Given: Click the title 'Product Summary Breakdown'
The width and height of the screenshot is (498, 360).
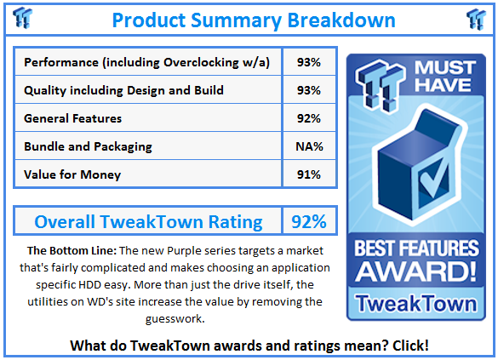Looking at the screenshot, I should point(253,20).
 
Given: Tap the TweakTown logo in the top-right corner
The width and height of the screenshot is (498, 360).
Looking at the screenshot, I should point(476,17).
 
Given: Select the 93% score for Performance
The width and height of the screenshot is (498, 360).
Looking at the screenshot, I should point(309,62).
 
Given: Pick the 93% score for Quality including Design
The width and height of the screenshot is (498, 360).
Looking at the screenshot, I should point(309,90).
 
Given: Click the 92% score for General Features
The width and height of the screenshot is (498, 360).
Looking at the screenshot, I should point(309,118).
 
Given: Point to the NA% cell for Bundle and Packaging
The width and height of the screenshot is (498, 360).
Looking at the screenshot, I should point(309,146).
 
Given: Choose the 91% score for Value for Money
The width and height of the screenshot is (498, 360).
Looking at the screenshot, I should point(309,174).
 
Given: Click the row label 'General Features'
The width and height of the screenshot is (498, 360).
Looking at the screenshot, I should point(73,118).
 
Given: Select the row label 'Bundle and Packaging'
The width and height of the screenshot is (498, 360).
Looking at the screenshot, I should point(89,146).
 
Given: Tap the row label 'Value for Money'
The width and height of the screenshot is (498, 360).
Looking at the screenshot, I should point(72,174).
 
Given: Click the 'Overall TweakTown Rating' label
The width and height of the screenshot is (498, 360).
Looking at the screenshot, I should point(148,222).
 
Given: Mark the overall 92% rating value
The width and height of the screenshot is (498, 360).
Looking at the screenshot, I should point(309,222).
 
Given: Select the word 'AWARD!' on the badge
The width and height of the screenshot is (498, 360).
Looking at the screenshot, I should point(417,274).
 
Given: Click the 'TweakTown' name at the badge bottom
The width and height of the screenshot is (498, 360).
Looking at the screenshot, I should point(417,302).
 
